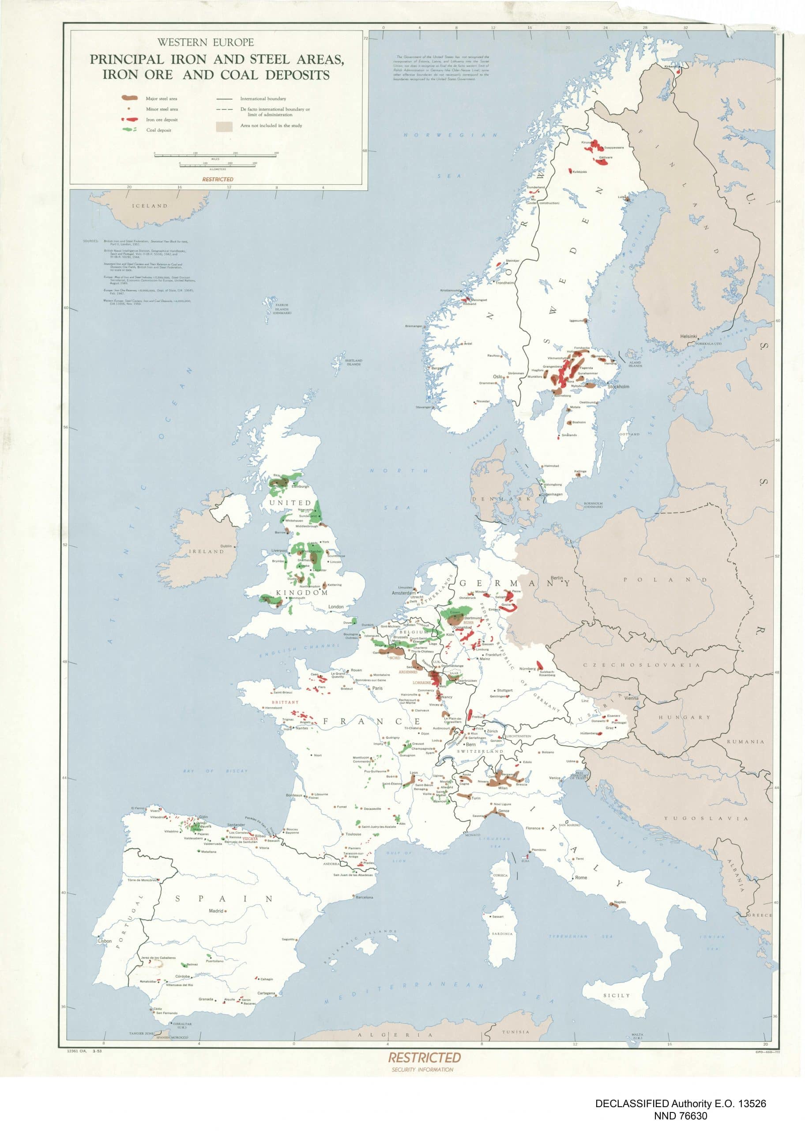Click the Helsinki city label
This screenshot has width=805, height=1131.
[688, 336]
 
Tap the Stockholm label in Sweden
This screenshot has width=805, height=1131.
[618, 387]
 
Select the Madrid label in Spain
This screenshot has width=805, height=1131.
[216, 911]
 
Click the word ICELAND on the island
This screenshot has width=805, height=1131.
[149, 206]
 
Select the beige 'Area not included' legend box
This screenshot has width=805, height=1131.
[224, 126]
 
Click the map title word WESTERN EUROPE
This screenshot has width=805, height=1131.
[205, 43]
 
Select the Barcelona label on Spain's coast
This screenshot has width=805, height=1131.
[365, 897]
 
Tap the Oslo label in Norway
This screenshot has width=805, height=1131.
[498, 376]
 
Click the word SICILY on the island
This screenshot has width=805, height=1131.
[616, 995]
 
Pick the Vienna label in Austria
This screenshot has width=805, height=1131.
[632, 698]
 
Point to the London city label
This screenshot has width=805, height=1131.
[335, 607]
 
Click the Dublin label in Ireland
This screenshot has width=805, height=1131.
[226, 546]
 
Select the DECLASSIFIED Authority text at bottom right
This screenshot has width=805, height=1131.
[681, 1103]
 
